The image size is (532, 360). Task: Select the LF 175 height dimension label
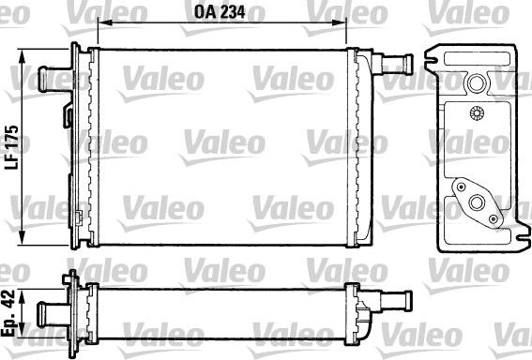tap(12, 146)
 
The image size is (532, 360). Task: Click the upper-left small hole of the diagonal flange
tap(462, 186)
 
